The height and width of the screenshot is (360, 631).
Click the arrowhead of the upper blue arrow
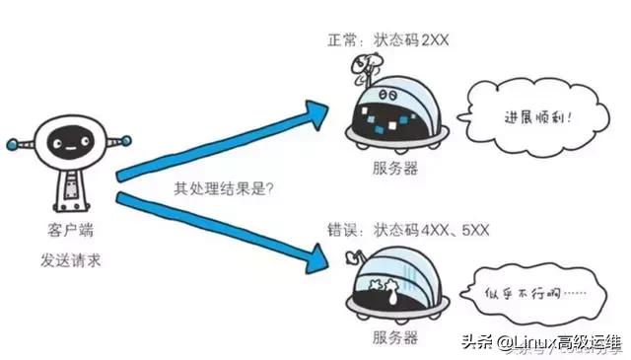313,111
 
